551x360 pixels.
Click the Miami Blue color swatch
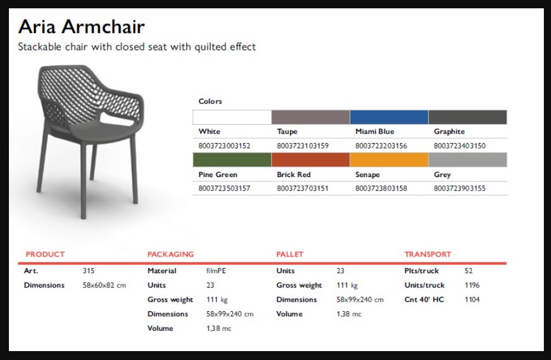[389, 117]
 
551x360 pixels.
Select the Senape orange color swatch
[389, 160]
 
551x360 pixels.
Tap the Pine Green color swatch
[232, 160]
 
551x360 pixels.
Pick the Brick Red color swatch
[311, 160]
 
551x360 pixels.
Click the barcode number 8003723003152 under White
[224, 146]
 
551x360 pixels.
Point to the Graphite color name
[449, 132]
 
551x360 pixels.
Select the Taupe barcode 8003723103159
[303, 146]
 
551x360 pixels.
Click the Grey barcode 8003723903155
[459, 188]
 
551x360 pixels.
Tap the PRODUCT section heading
[45, 254]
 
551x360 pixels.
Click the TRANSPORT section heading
[427, 254]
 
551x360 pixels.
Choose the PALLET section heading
[289, 254]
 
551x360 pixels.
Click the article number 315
[89, 271]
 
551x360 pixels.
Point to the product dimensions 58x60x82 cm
[105, 285]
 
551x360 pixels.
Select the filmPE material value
[216, 271]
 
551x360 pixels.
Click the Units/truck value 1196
[472, 285]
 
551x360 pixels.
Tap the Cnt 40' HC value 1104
[472, 299]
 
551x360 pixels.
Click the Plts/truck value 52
[468, 271]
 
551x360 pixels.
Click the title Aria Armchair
[81, 27]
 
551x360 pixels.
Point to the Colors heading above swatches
[210, 101]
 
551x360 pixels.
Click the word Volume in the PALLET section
[289, 314]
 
